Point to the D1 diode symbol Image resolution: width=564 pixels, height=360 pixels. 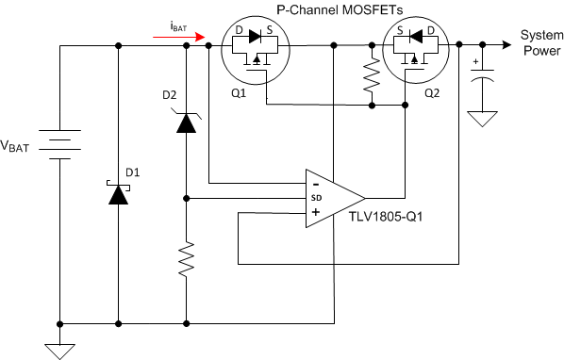[x=118, y=193]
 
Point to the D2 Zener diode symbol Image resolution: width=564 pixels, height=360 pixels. [x=186, y=122]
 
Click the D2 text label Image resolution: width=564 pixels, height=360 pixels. [x=169, y=94]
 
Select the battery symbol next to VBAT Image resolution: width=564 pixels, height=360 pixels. [x=61, y=147]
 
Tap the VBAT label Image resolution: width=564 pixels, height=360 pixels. [x=22, y=147]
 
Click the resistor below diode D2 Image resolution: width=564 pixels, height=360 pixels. [x=186, y=257]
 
